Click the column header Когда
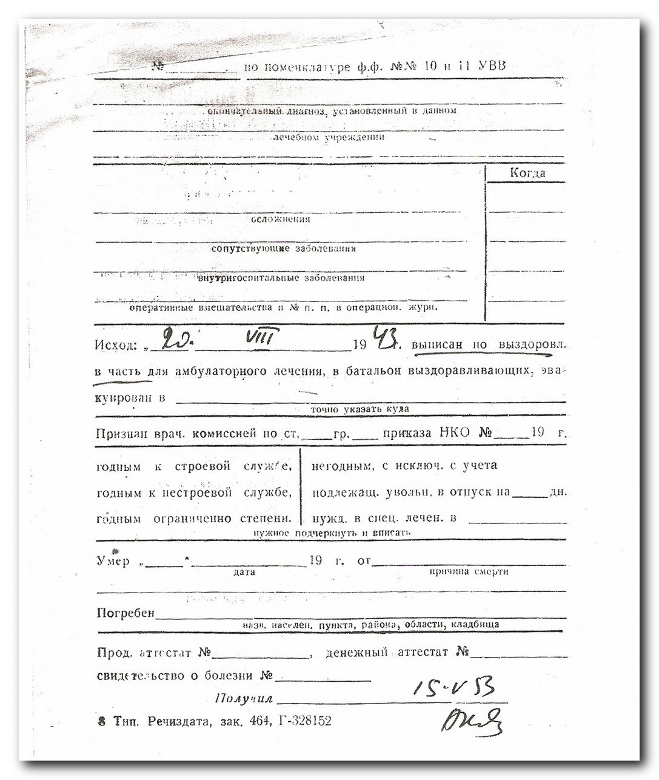pos(527,173)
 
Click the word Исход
pos(115,345)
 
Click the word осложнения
pos(281,219)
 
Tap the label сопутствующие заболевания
pos(283,249)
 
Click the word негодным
pos(336,466)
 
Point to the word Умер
pos(113,561)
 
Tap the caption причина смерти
pos(468,571)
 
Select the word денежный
pos(356,653)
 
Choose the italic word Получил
pos(244,698)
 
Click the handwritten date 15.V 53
pos(453,687)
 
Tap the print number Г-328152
pos(305,721)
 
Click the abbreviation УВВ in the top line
pos(491,66)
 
